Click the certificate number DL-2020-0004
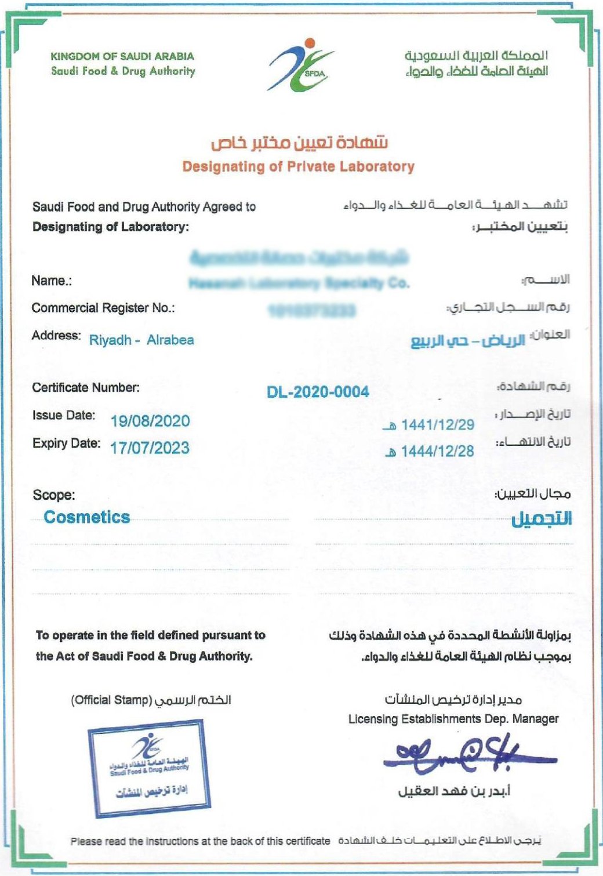(x=318, y=392)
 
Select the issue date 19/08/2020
(x=150, y=421)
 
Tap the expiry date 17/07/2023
(x=150, y=448)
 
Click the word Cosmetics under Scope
(x=87, y=517)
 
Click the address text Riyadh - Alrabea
(x=141, y=340)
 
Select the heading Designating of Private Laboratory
(x=299, y=167)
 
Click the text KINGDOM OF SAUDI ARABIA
(x=122, y=56)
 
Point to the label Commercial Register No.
(x=103, y=308)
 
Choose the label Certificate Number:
(x=86, y=387)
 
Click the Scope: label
(x=54, y=495)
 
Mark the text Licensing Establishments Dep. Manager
(x=453, y=719)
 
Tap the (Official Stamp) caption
(x=111, y=700)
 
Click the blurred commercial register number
(x=312, y=311)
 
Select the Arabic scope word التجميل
(x=541, y=519)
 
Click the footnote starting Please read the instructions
(x=200, y=841)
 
